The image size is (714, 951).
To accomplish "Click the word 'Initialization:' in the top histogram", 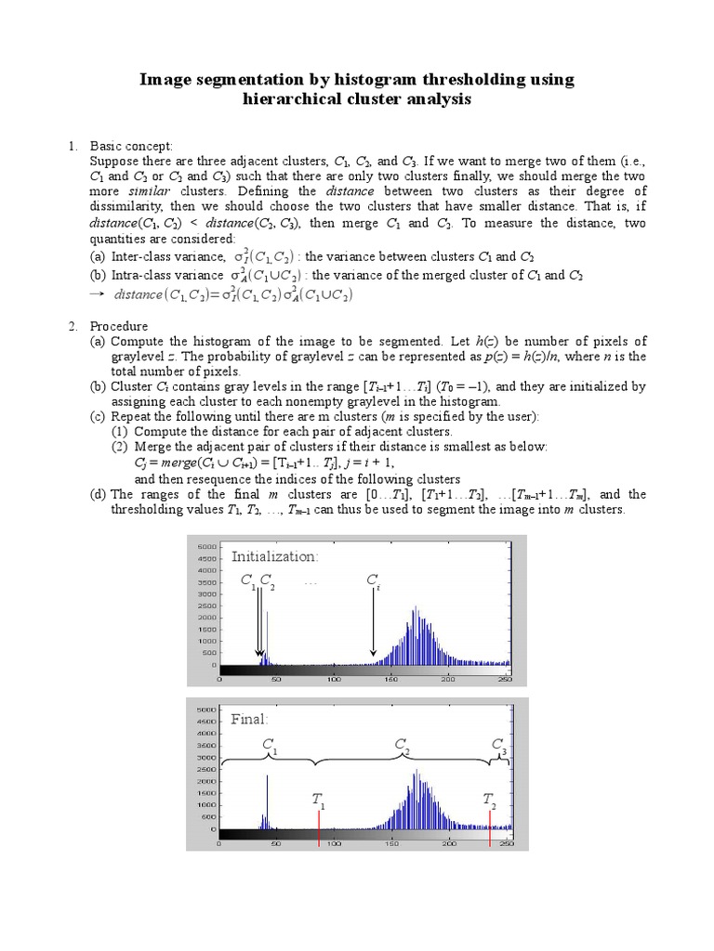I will (x=274, y=556).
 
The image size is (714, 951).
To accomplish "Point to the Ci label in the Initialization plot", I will (x=373, y=581).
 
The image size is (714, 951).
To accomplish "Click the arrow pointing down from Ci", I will (x=373, y=626).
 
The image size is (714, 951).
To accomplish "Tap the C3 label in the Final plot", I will (x=499, y=746).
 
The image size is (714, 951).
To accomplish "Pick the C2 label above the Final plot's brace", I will (x=403, y=745).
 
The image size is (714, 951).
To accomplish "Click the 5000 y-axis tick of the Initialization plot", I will (x=206, y=547).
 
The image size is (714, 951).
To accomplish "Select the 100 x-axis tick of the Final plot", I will (x=334, y=844).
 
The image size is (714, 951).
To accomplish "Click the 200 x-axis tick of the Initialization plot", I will (x=448, y=679).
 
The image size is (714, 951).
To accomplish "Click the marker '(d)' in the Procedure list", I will (x=98, y=494).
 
